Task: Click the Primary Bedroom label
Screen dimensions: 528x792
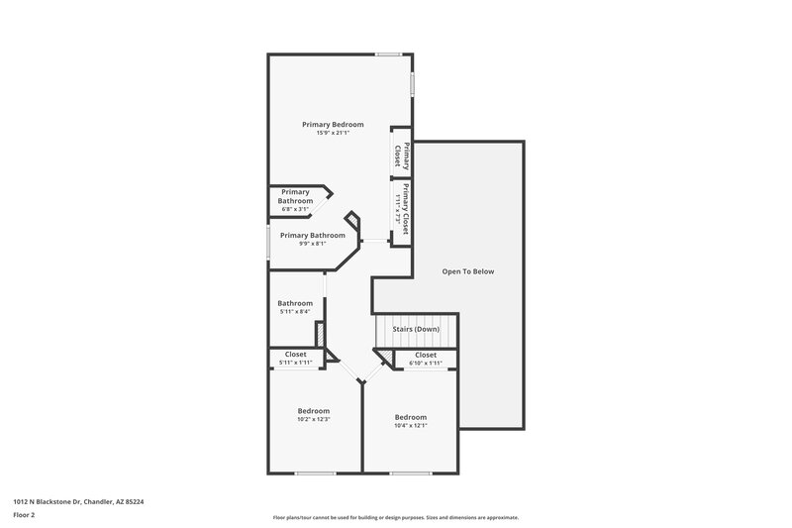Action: pyautogui.click(x=333, y=124)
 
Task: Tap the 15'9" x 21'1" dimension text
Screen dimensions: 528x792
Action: pyautogui.click(x=333, y=133)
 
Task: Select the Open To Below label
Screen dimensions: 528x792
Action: pyautogui.click(x=467, y=271)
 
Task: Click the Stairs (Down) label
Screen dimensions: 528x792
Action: pyautogui.click(x=415, y=329)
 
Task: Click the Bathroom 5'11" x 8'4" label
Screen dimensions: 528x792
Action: pyautogui.click(x=295, y=303)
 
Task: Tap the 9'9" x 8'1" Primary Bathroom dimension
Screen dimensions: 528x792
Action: pyautogui.click(x=313, y=244)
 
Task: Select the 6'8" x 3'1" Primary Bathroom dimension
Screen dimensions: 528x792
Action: pyautogui.click(x=296, y=209)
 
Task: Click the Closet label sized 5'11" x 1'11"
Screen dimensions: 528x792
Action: pyautogui.click(x=296, y=354)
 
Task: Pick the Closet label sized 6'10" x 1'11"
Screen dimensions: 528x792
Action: pyautogui.click(x=426, y=354)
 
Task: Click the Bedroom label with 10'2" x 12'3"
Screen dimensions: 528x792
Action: pyautogui.click(x=314, y=410)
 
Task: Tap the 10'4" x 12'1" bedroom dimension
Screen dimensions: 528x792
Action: pyautogui.click(x=410, y=426)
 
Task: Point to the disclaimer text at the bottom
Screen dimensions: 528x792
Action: pyautogui.click(x=395, y=517)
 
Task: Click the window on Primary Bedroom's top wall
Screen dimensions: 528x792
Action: pyautogui.click(x=388, y=54)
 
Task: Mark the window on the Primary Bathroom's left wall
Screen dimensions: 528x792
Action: pyautogui.click(x=268, y=243)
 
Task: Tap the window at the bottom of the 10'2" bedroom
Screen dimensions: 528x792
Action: pyautogui.click(x=316, y=473)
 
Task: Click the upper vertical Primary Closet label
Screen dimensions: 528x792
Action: pyautogui.click(x=402, y=155)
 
